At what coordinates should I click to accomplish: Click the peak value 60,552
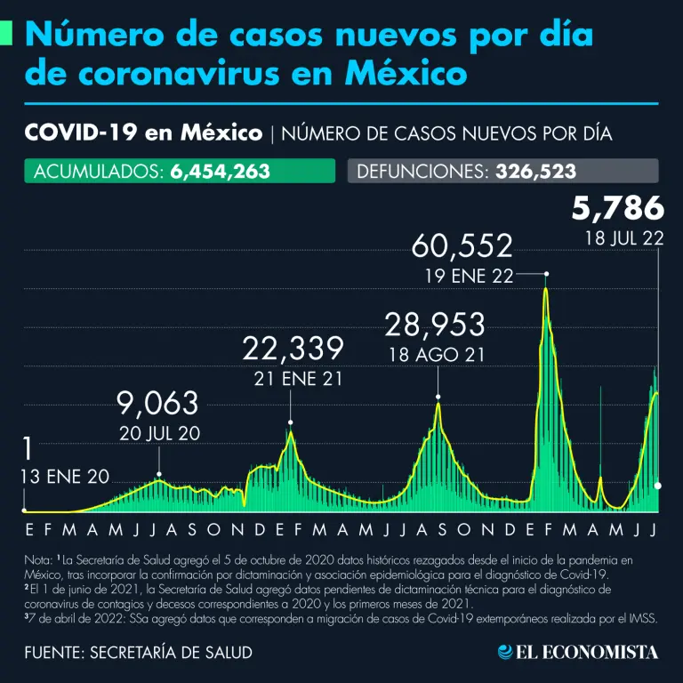coord(462,246)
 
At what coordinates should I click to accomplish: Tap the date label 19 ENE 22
coord(469,276)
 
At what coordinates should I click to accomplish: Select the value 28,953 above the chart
coord(434,325)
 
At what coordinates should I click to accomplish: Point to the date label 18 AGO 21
coord(436,354)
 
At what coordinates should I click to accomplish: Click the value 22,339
coord(293,347)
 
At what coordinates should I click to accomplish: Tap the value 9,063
coord(158,404)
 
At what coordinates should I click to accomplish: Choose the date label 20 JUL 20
coord(159,434)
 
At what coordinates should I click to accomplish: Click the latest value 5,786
coord(617,208)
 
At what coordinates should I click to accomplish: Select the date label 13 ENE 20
coord(64,478)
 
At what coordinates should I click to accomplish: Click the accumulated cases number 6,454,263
coord(219,171)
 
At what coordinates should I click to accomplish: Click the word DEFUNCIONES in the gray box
coord(418,171)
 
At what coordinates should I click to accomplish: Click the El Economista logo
coord(578,652)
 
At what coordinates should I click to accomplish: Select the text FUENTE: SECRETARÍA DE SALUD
coord(138,653)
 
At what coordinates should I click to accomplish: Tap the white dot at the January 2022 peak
coord(546,275)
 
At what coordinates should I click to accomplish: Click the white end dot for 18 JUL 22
coord(658,486)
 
